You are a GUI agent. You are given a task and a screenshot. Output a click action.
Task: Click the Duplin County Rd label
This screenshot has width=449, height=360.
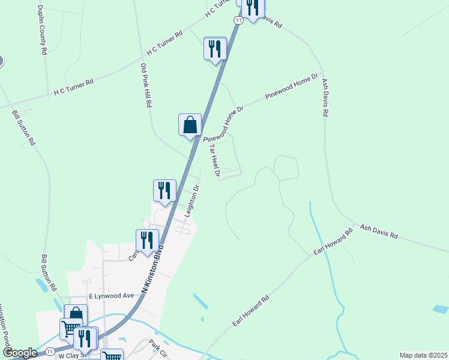click(41, 30)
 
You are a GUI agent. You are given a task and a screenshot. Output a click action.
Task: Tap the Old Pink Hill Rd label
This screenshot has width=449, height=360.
click(146, 85)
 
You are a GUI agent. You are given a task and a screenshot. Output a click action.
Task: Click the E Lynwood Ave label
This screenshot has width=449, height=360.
click(111, 296)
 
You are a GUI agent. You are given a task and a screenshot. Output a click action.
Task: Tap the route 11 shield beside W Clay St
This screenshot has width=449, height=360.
click(50, 350)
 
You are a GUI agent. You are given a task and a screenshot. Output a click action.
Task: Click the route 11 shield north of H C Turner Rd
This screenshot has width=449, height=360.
click(238, 20)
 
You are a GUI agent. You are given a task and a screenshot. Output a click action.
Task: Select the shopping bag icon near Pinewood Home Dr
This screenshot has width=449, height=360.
click(190, 125)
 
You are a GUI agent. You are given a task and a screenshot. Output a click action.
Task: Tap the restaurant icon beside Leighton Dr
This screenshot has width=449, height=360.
click(164, 190)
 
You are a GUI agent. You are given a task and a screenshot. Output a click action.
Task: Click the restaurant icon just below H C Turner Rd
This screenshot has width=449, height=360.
click(215, 48)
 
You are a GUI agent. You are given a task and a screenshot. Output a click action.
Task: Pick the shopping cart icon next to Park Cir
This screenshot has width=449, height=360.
click(112, 355)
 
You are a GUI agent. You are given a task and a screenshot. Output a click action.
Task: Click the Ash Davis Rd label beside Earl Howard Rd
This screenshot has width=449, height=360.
click(379, 232)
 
